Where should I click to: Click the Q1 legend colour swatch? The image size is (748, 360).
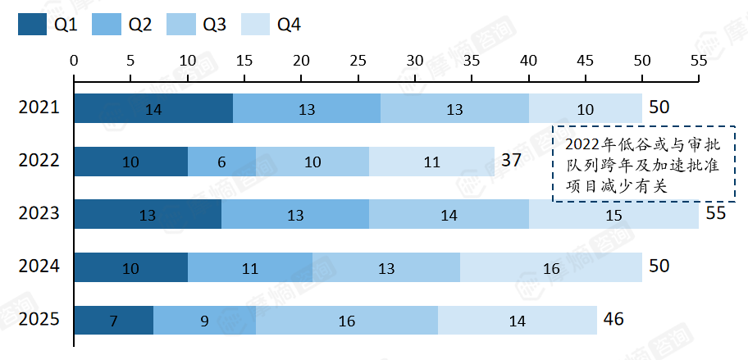click(x=33, y=24)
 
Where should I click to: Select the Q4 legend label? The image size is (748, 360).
click(x=289, y=25)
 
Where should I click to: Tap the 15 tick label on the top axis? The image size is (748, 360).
click(x=244, y=61)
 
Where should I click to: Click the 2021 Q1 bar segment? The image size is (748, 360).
click(x=153, y=108)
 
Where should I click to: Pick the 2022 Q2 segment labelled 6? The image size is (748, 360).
click(x=221, y=162)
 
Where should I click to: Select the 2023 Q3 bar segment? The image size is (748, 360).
click(x=449, y=215)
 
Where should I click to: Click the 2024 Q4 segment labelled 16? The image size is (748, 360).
click(x=551, y=267)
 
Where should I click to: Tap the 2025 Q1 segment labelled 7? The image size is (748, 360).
click(x=113, y=321)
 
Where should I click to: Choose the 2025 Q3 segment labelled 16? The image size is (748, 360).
click(x=346, y=321)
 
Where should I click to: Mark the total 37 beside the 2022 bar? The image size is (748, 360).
click(x=513, y=160)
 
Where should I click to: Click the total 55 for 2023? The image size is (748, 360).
click(x=715, y=213)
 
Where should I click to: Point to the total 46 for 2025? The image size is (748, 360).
click(x=613, y=319)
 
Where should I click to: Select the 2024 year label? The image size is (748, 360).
click(x=39, y=266)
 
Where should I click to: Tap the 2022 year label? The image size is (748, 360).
click(x=39, y=160)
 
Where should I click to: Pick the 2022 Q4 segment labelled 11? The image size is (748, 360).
click(x=431, y=162)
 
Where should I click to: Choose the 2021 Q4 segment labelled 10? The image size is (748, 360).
click(x=586, y=108)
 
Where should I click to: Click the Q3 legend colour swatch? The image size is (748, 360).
click(x=181, y=24)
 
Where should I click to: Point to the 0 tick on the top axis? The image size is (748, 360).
click(x=74, y=80)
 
